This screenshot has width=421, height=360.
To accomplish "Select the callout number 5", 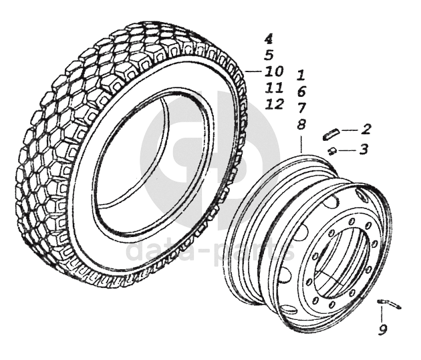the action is [x=268, y=55].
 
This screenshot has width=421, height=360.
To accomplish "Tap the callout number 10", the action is [x=274, y=71].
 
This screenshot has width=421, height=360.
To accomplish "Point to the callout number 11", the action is [x=274, y=87].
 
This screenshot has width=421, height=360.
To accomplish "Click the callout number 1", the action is [x=301, y=75].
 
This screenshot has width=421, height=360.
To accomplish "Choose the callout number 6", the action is [x=301, y=91].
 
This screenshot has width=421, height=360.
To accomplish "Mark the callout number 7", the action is [x=301, y=107].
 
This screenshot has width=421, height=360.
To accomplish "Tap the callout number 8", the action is [x=301, y=124].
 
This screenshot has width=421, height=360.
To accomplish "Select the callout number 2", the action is [x=366, y=128].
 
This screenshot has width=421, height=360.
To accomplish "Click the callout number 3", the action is [x=363, y=150].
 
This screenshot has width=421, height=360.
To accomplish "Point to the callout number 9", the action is [x=382, y=329].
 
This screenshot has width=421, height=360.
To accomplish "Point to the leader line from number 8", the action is [x=301, y=142].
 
